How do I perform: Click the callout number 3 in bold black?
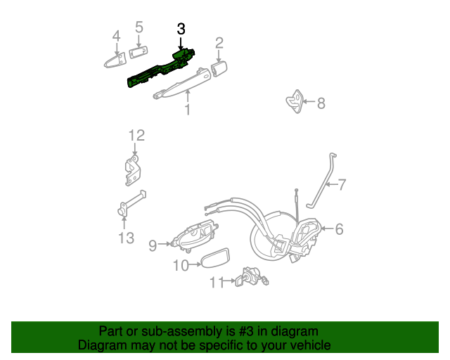(x=181, y=29)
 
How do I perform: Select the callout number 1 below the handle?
(x=188, y=110)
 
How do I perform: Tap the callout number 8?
(x=321, y=103)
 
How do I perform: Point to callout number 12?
(x=136, y=135)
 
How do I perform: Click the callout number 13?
(x=125, y=238)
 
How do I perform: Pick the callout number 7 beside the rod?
(x=342, y=185)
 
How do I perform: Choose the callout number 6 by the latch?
(x=339, y=229)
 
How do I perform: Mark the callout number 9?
(x=153, y=245)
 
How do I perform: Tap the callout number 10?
(x=181, y=265)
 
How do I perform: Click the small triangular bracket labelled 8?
(x=294, y=101)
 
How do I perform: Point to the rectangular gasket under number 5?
(x=140, y=51)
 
